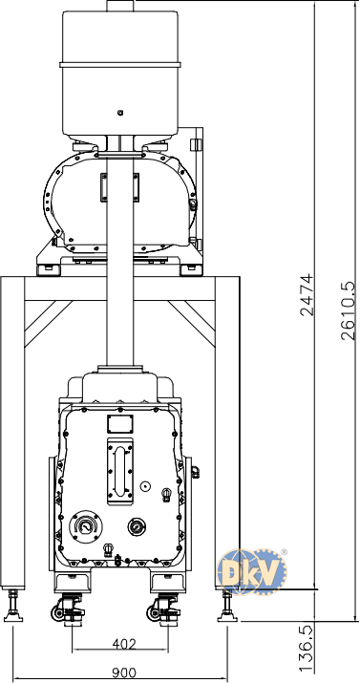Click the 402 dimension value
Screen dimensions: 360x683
(x=124, y=644)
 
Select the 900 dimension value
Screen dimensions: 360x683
(x=124, y=672)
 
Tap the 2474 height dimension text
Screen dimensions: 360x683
(x=307, y=294)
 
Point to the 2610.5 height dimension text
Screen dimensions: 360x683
(x=349, y=310)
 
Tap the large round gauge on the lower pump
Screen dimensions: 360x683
(x=86, y=526)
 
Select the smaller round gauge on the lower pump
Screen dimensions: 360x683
(x=137, y=527)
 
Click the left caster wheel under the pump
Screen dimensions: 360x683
(x=58, y=613)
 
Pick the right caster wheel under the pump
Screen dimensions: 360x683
(x=154, y=613)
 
